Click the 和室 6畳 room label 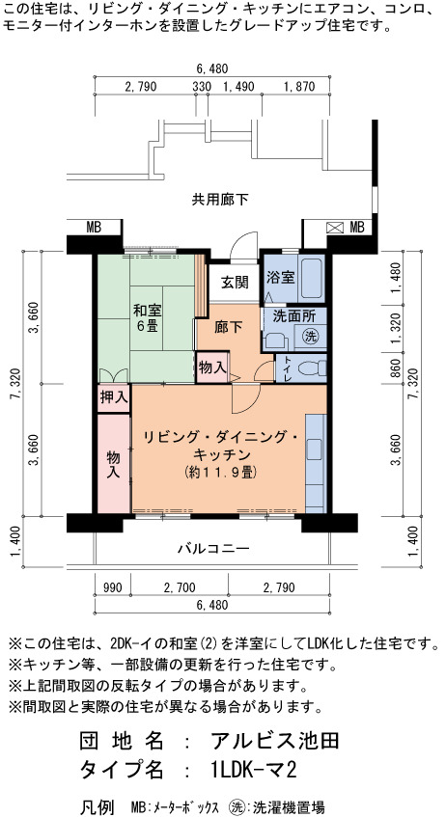[x=147, y=319]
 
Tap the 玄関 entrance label [x=235, y=283]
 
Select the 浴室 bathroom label [x=280, y=277]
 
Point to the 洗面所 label [x=294, y=315]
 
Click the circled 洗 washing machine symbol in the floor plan [x=312, y=337]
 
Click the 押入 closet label [x=114, y=398]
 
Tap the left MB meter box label [x=94, y=228]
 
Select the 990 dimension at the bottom [x=113, y=588]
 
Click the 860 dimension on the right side [x=395, y=368]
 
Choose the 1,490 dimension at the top [x=238, y=87]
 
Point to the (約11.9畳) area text [x=219, y=472]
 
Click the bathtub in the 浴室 [x=311, y=278]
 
